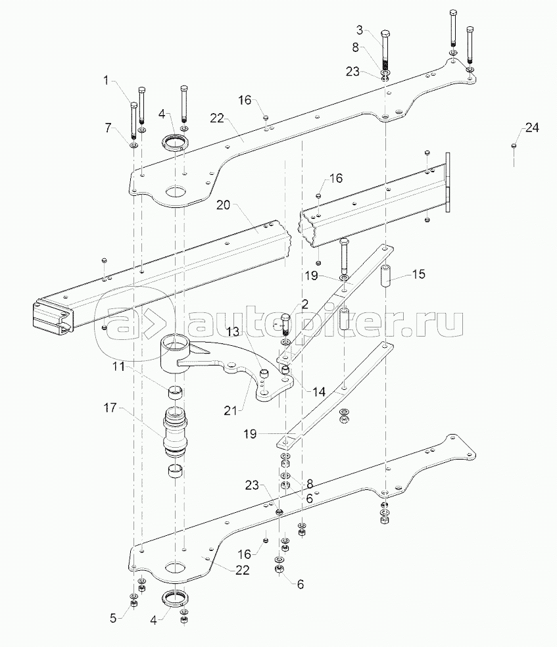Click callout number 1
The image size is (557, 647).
[107, 80]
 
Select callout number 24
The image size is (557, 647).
[532, 128]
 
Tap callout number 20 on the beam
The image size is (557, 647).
[223, 204]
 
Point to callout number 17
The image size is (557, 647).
[110, 408]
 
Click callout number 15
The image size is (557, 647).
[418, 274]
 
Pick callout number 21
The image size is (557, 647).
[231, 410]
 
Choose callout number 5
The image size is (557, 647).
[114, 618]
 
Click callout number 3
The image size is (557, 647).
[360, 30]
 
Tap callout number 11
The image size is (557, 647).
[119, 366]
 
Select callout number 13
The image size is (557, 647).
[233, 331]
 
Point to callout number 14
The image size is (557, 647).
[319, 392]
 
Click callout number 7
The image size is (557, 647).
[108, 128]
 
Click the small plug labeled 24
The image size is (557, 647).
[514, 145]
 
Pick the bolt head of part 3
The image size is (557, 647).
[385, 34]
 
